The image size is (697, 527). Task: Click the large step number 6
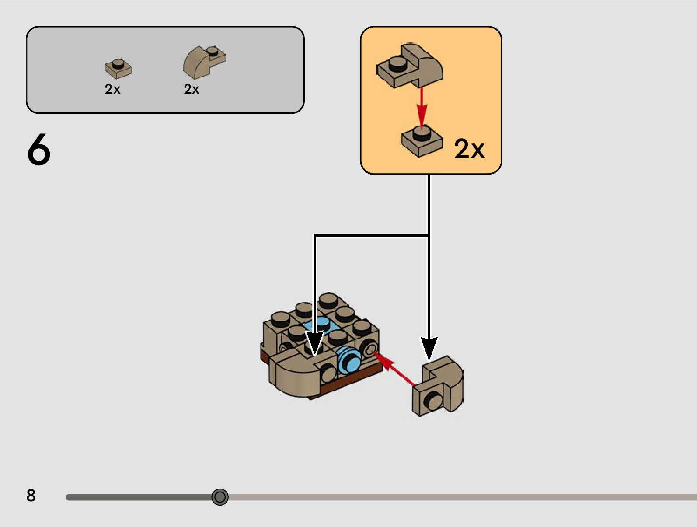(39, 150)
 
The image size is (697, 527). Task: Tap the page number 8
(31, 496)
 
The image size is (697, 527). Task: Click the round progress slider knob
(220, 497)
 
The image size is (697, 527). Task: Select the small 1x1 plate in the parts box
(118, 68)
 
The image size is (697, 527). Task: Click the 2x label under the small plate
(112, 89)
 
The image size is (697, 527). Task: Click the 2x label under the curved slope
(192, 89)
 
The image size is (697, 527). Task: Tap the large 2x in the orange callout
(469, 149)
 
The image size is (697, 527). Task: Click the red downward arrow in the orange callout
(421, 107)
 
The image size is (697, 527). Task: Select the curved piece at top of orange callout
(410, 66)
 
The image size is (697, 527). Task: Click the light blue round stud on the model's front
(348, 360)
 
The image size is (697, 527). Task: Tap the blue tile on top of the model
(323, 325)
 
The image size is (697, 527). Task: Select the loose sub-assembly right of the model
(437, 387)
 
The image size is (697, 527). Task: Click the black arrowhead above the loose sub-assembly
(429, 348)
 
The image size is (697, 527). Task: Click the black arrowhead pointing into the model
(314, 343)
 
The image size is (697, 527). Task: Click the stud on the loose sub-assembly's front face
(433, 400)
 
